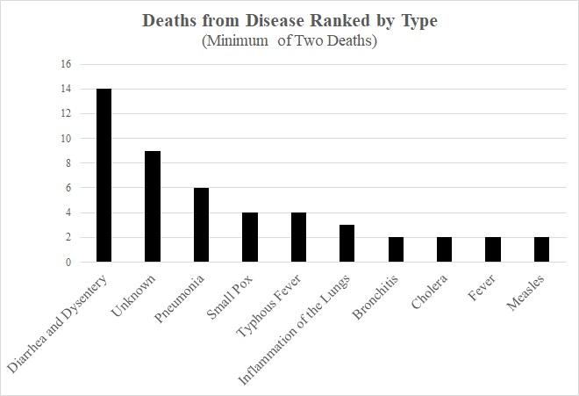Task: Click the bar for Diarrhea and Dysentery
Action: coord(104,176)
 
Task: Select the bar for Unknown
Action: coord(153,206)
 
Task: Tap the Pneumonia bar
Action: coord(202,225)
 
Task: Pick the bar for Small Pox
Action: coord(250,237)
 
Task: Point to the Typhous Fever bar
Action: coord(298,237)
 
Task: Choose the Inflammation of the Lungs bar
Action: coord(347,243)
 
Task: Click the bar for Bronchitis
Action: coord(396,249)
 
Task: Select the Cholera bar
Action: coord(444,249)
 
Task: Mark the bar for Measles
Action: coord(541,249)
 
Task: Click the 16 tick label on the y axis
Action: coord(63,65)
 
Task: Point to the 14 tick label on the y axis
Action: coord(63,90)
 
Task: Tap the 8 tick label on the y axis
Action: coord(66,163)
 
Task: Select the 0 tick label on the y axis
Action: coord(66,262)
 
